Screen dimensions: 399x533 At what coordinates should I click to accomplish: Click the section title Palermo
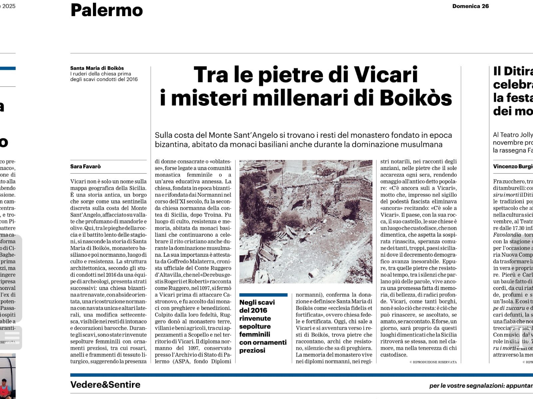pos(107,10)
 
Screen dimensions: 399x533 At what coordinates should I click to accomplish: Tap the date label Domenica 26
pos(470,6)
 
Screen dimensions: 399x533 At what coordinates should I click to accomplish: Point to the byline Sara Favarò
pos(85,166)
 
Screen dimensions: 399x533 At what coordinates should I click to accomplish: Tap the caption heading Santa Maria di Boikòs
pos(97,68)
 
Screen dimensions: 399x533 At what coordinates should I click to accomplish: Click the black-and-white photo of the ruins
pos(306,221)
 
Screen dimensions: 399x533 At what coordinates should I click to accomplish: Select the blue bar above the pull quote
pos(263,295)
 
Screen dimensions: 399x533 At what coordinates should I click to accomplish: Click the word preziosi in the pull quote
pos(252,350)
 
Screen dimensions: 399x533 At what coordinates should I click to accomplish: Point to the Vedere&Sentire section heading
pos(105,385)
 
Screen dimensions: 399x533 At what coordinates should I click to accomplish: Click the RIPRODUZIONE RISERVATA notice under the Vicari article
pos(433,362)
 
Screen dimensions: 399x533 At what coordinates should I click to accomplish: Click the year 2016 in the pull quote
pos(258,311)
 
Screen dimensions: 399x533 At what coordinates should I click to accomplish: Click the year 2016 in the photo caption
pos(130,79)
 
